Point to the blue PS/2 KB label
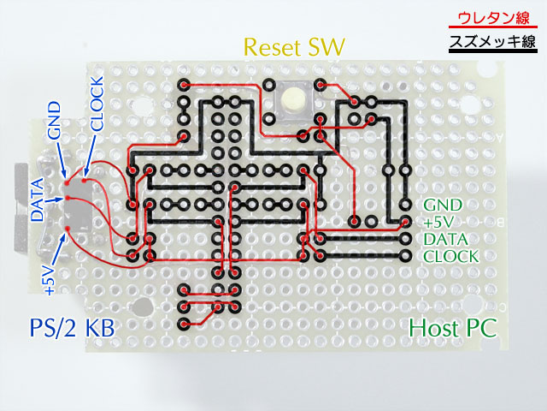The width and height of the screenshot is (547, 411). tap(68, 328)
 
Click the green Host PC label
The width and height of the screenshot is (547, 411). tap(452, 328)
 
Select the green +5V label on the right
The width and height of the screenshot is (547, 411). tap(439, 223)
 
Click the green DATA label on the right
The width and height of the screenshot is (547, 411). tap(444, 240)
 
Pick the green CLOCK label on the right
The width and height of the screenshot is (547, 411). tap(450, 257)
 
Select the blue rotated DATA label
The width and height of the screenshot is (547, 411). tap(38, 200)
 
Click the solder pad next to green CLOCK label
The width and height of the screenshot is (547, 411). tap(406, 256)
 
